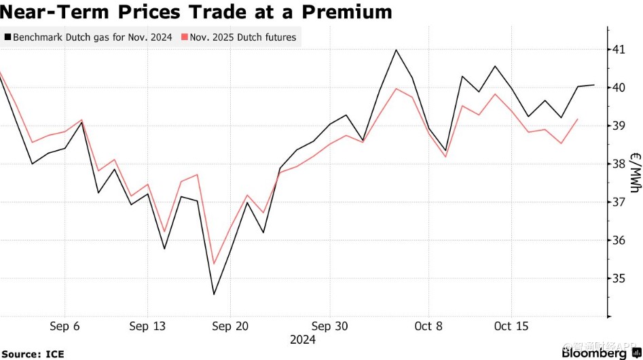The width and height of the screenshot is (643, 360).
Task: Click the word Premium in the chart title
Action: tap(347, 12)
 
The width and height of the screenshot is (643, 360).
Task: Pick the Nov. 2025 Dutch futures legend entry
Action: tap(242, 37)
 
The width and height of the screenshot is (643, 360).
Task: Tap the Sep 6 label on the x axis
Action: tap(65, 327)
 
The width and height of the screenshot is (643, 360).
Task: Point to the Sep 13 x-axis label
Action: tap(147, 327)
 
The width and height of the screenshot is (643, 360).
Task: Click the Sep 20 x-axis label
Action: tap(230, 327)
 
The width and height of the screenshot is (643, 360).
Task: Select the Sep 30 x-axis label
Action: tap(329, 327)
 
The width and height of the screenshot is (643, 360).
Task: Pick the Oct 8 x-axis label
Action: tap(428, 327)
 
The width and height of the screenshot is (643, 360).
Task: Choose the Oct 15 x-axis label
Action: tap(511, 327)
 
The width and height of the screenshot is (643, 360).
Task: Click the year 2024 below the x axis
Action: tap(302, 340)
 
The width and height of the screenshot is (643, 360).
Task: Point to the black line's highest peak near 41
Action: tap(396, 50)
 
